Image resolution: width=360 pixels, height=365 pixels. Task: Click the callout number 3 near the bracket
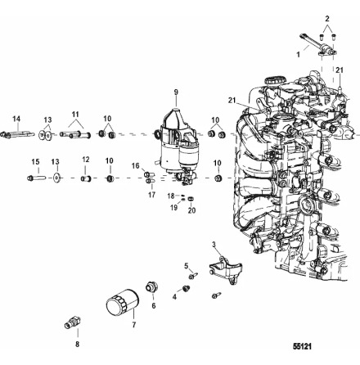tap(214, 245)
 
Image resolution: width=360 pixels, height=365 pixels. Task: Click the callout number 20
tap(191, 210)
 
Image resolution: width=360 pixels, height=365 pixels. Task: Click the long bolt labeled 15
tap(36, 177)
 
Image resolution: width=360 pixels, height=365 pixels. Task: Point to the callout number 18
tap(171, 197)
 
